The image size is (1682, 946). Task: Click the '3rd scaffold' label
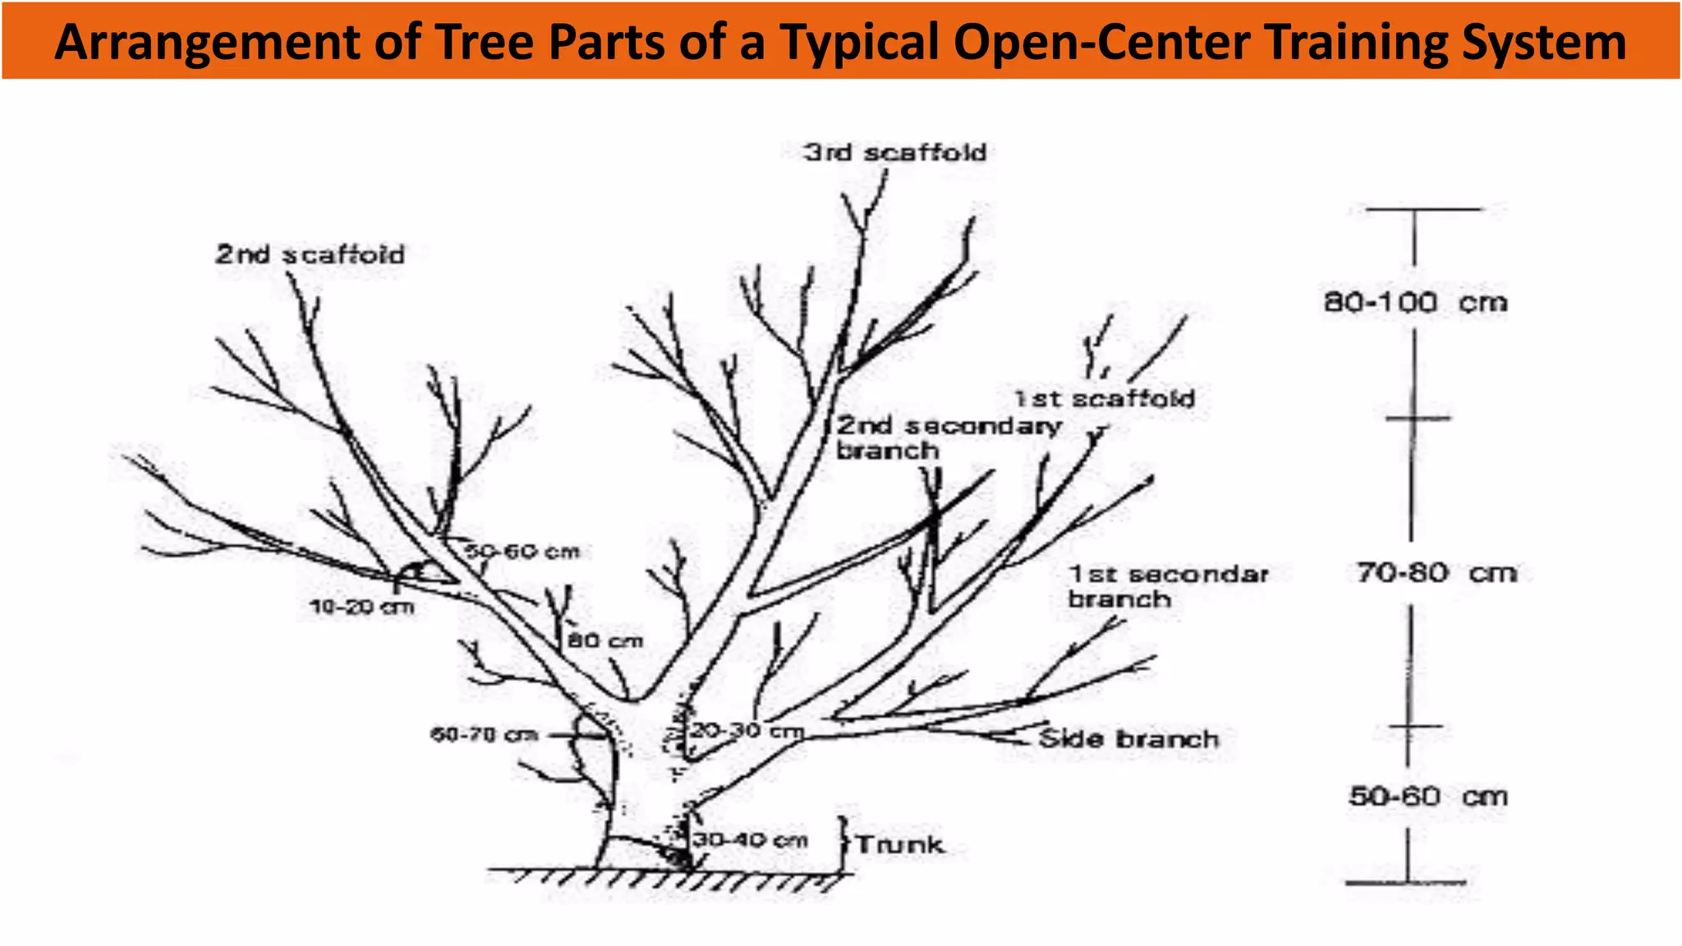tap(894, 153)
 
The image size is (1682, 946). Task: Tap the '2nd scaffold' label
tap(310, 255)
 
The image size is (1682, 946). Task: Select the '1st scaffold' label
tap(1104, 399)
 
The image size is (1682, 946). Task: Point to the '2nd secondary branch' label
tap(948, 438)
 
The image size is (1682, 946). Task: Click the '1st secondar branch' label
tap(1167, 586)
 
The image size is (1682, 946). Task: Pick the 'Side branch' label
tap(1128, 739)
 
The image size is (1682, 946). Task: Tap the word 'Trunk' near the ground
tap(899, 845)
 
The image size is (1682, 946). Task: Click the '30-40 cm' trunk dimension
tap(749, 840)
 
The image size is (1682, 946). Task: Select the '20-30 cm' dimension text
tap(746, 730)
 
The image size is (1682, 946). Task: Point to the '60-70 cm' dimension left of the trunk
tap(484, 734)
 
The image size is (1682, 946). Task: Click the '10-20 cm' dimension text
tap(361, 608)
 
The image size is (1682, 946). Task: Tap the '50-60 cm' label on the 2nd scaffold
tap(523, 552)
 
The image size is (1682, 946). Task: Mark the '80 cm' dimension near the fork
tap(605, 641)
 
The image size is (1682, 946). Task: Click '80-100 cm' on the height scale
tap(1415, 302)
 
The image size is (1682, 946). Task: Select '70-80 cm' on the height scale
tap(1436, 572)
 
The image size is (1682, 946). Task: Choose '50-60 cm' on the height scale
tap(1427, 796)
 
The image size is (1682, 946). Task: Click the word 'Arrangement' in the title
tap(207, 43)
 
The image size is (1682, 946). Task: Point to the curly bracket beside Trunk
tap(843, 844)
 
